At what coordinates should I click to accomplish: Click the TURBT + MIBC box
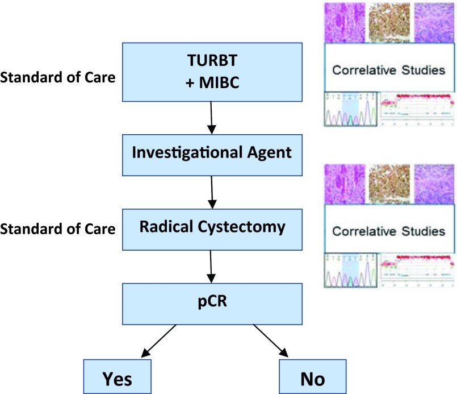[x=212, y=72]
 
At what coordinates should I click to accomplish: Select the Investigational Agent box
[x=212, y=155]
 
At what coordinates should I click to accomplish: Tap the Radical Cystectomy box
[x=212, y=229]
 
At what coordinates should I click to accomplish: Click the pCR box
[x=212, y=304]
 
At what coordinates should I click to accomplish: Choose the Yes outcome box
[x=117, y=377]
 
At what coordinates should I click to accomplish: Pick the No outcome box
[x=313, y=377]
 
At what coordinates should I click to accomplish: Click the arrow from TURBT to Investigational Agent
[x=211, y=118]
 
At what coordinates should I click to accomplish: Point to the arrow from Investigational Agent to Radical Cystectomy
[x=212, y=192]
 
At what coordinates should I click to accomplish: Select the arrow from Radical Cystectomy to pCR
[x=211, y=267]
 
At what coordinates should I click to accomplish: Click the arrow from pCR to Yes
[x=158, y=341]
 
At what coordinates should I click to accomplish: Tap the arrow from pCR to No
[x=271, y=341]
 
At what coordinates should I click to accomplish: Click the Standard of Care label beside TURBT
[x=58, y=77]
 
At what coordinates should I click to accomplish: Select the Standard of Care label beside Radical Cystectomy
[x=58, y=229]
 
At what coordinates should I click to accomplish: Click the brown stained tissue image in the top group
[x=389, y=23]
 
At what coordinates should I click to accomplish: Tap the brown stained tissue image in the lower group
[x=389, y=184]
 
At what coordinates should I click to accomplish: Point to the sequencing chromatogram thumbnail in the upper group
[x=351, y=109]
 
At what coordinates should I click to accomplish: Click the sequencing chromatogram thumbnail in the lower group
[x=351, y=271]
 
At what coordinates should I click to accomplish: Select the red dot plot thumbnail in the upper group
[x=417, y=109]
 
